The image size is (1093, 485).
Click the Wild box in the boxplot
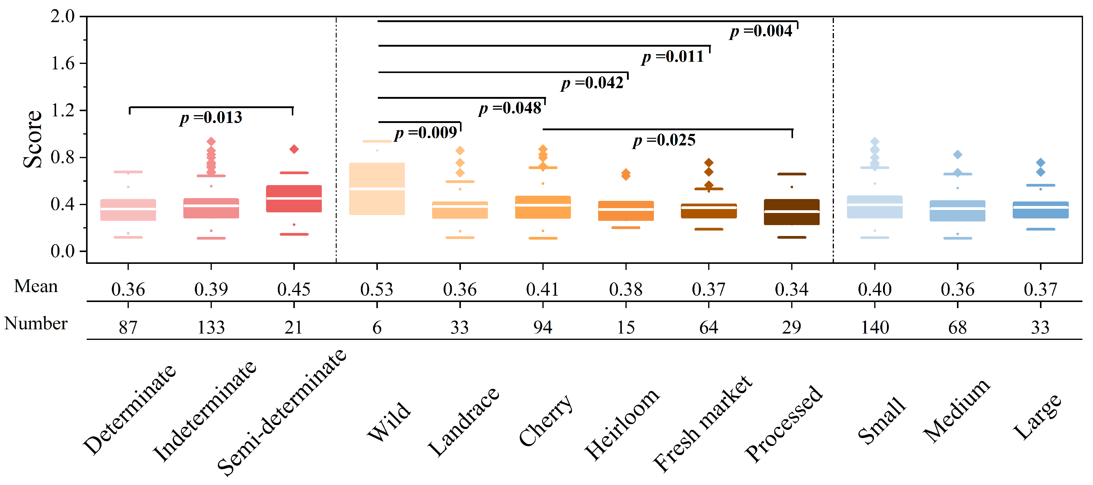tap(376, 188)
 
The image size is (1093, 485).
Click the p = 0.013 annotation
tap(211, 118)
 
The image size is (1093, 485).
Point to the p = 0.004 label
tap(761, 31)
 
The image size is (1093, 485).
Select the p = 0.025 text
tap(664, 141)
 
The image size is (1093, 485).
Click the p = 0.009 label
tap(425, 133)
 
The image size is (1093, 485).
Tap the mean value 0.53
tap(376, 289)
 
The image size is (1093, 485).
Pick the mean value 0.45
tap(294, 289)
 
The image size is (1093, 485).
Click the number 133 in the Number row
tap(211, 327)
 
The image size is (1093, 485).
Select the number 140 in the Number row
tap(875, 327)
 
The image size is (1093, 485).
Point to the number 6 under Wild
tap(377, 327)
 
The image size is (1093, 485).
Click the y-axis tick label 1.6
tap(62, 63)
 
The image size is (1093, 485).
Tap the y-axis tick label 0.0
tap(62, 251)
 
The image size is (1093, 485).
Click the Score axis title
tap(33, 139)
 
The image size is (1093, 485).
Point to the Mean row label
tap(36, 286)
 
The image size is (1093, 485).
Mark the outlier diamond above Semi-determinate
tap(294, 149)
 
